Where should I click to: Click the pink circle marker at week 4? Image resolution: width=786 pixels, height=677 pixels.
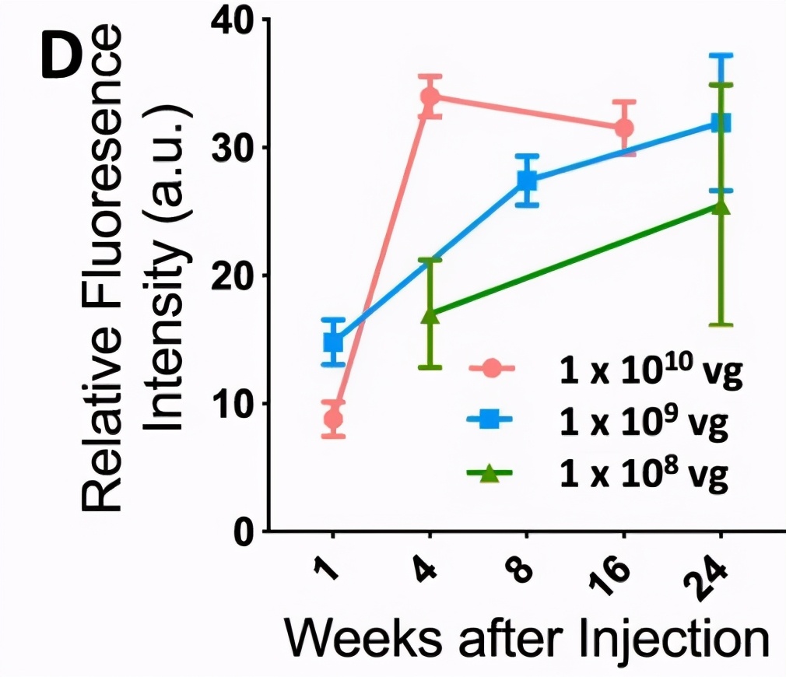point(430,97)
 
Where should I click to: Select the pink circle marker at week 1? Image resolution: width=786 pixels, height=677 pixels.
point(333,419)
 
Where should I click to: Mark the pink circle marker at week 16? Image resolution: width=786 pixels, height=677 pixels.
point(623,128)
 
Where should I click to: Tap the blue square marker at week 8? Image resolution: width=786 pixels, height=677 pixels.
point(527,180)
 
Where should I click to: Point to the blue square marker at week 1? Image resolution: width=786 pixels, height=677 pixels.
point(333,342)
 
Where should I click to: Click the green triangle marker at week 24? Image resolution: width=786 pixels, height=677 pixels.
point(720,206)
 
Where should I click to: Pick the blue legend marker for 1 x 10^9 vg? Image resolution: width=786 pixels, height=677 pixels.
point(493,421)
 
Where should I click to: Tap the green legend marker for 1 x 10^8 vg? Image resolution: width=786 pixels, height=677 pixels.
point(493,472)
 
